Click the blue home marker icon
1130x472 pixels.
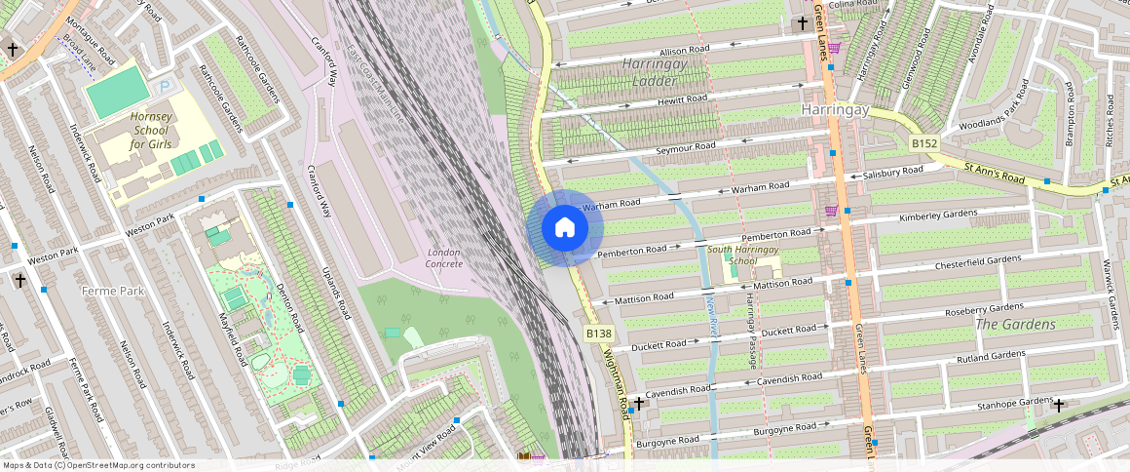(565, 228)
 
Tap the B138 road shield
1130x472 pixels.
(599, 334)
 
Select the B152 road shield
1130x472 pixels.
(924, 144)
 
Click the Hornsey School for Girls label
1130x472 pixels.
(151, 131)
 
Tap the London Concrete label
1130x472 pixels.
(443, 257)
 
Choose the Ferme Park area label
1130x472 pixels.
(113, 291)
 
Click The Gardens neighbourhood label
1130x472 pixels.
(1015, 324)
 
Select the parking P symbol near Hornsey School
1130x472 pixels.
(165, 87)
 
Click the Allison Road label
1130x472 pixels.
(685, 50)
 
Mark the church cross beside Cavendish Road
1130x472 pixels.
(638, 403)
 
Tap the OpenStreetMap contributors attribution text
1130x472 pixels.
(97, 465)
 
